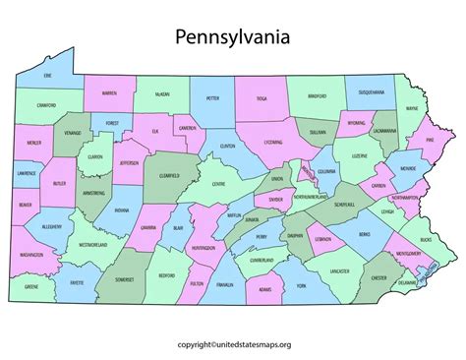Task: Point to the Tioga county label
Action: click(x=261, y=97)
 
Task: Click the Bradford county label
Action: click(x=318, y=97)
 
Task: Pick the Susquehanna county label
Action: click(x=371, y=90)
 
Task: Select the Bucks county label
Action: click(x=424, y=238)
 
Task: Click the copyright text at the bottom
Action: click(x=232, y=344)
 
